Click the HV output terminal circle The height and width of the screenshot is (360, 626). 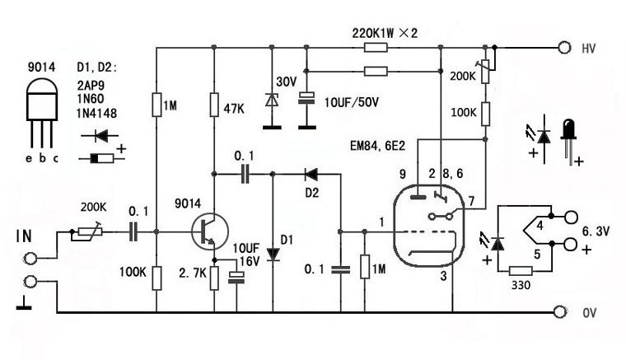564,48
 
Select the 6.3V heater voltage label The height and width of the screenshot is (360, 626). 596,232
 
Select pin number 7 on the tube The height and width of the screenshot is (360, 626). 470,202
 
